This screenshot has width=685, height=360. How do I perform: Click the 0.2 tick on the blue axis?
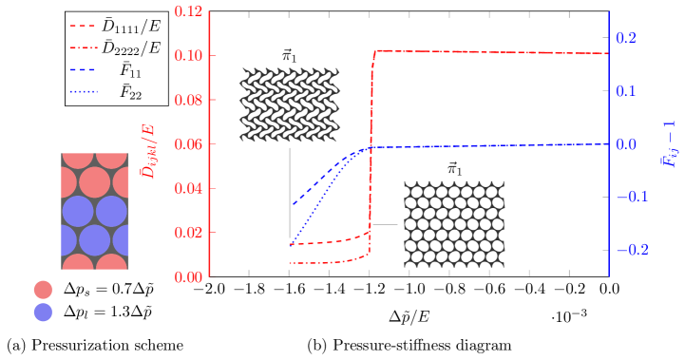625,38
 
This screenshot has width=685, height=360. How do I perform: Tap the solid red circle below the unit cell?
43,290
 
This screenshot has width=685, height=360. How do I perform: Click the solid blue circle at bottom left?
43,312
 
